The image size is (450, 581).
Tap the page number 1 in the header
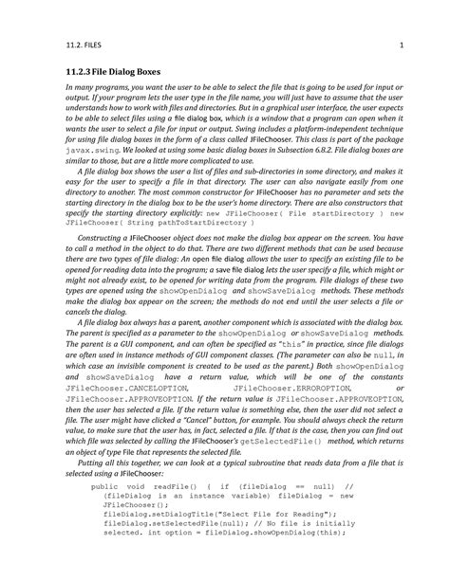[403, 47]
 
